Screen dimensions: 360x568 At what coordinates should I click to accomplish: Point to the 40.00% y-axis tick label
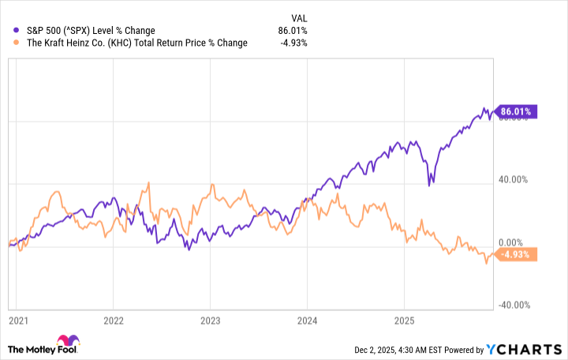pyautogui.click(x=514, y=179)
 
